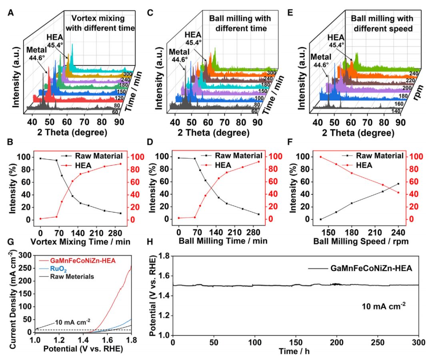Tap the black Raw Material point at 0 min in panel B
tap(40, 158)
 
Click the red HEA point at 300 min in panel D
tap(259, 162)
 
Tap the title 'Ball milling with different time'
tap(240, 23)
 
